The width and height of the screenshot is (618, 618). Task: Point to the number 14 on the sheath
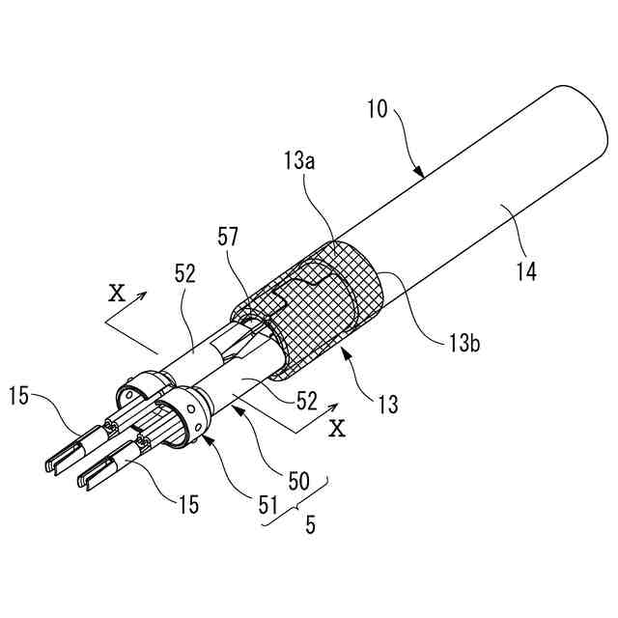point(525,273)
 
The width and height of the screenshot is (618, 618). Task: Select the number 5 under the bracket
point(311,527)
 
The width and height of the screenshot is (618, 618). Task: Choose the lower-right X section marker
point(336,428)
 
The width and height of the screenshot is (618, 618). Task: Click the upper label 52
point(185,273)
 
